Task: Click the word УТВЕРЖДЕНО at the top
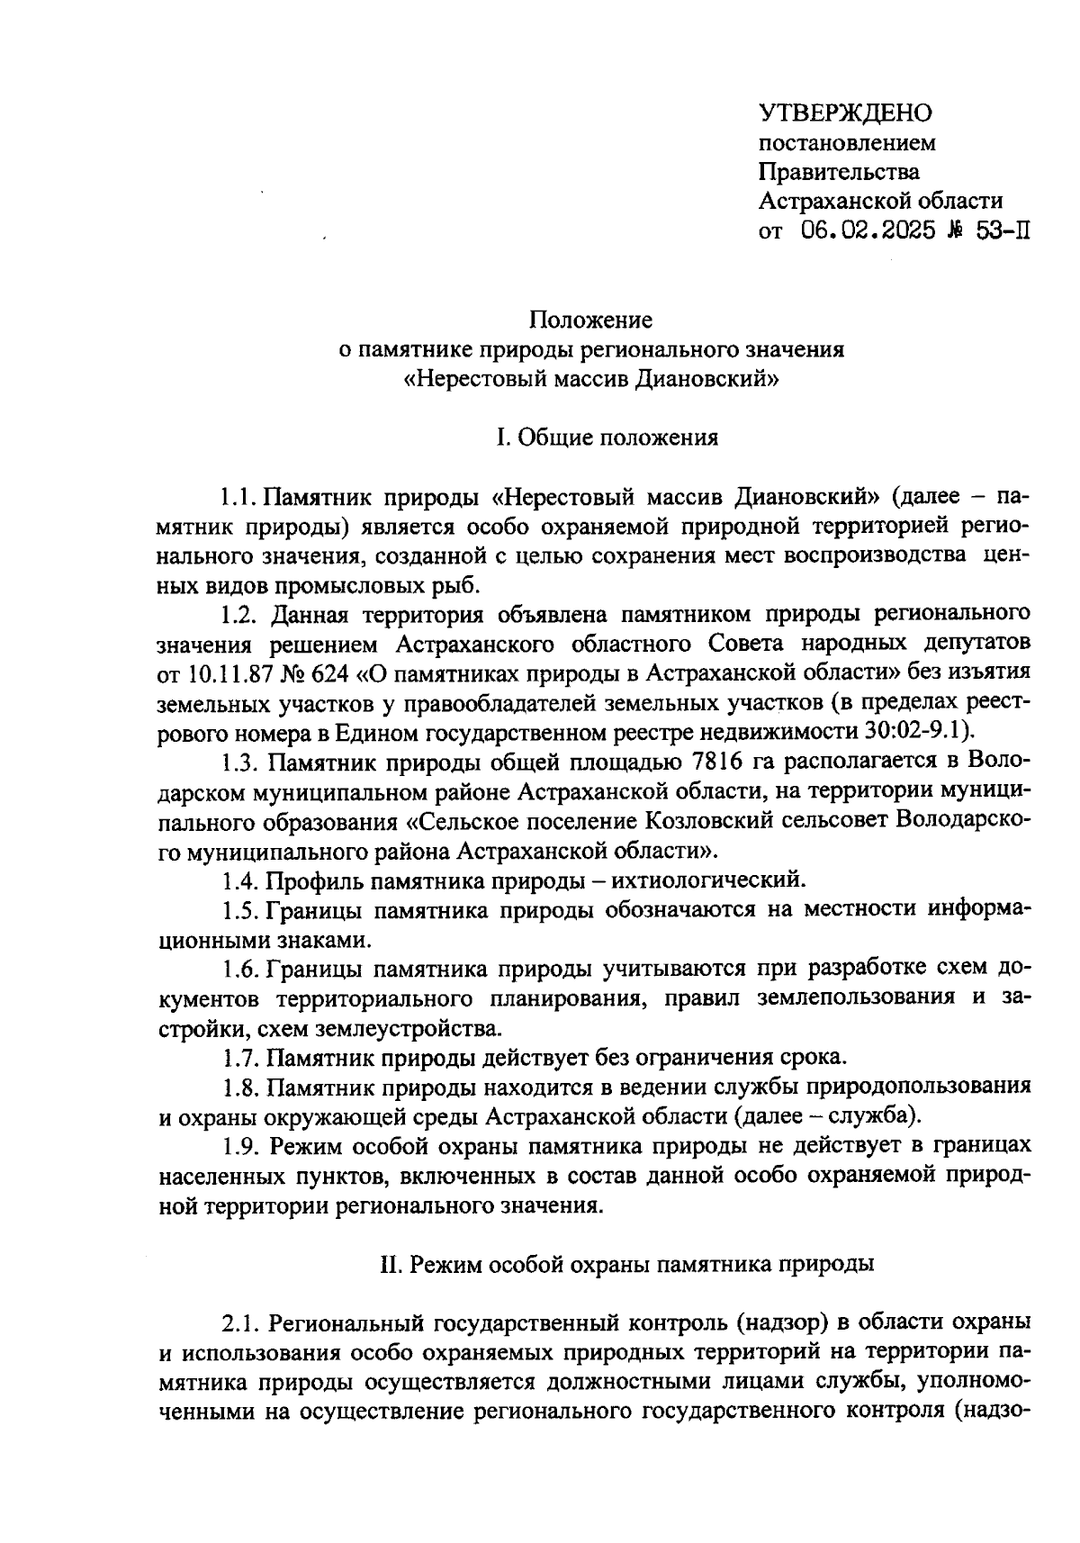point(847,113)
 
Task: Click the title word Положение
point(590,320)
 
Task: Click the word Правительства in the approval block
point(839,171)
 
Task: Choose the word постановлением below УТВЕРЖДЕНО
point(847,142)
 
